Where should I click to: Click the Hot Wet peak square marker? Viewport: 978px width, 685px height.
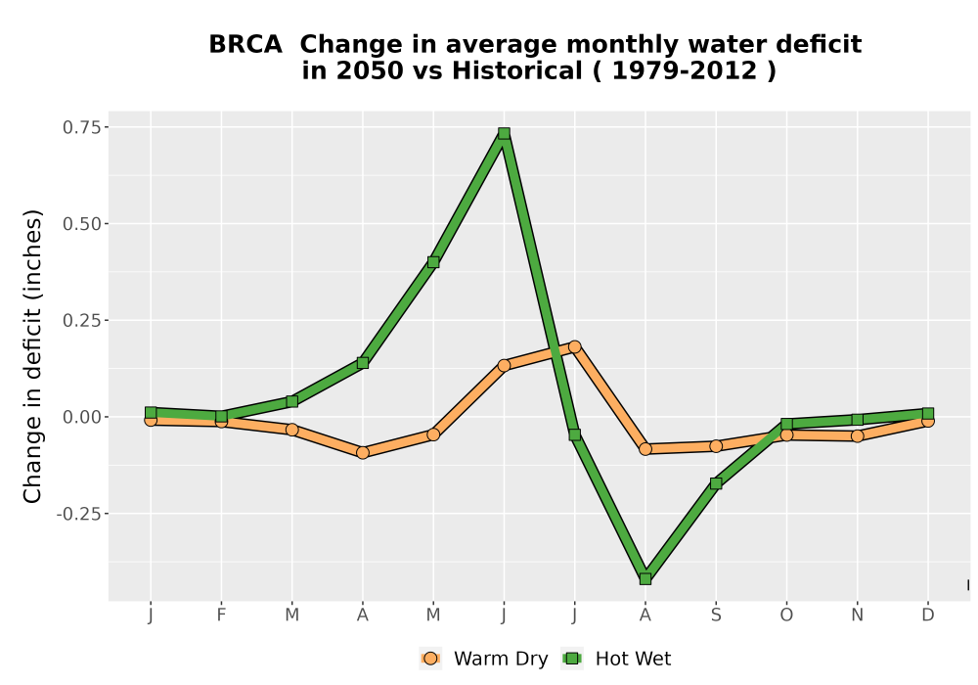(x=504, y=133)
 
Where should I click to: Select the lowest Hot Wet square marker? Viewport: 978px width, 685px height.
(x=645, y=579)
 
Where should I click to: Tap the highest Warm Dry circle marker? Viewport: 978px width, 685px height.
(x=574, y=346)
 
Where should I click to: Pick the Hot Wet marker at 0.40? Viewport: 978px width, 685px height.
(x=433, y=262)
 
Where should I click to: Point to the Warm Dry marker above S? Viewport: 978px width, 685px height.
(x=716, y=446)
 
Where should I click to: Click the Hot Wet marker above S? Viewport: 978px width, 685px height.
(x=716, y=483)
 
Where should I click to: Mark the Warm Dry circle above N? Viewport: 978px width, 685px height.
(x=858, y=436)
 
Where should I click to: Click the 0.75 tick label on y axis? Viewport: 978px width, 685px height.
(x=82, y=127)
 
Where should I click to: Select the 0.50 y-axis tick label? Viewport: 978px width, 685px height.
(x=82, y=224)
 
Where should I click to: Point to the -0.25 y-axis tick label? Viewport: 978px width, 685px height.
(x=78, y=514)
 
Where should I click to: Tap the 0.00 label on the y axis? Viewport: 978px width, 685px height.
(x=82, y=417)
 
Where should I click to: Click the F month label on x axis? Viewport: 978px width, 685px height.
(x=221, y=616)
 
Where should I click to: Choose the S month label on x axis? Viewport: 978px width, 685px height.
(x=716, y=616)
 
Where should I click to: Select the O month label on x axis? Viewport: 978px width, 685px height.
(x=786, y=616)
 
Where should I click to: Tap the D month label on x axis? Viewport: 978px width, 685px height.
(x=928, y=616)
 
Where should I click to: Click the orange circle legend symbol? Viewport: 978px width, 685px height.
(x=430, y=659)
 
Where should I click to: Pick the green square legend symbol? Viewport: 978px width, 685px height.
(x=572, y=659)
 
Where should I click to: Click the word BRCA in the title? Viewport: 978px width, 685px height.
(x=245, y=45)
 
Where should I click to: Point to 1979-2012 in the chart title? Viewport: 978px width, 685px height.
(x=684, y=70)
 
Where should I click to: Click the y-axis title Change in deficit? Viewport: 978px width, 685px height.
(x=32, y=356)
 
